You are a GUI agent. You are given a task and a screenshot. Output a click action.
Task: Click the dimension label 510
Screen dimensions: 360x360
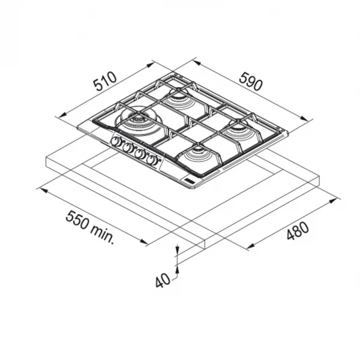[106, 81]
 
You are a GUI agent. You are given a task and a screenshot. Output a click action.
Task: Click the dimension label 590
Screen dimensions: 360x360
[250, 81]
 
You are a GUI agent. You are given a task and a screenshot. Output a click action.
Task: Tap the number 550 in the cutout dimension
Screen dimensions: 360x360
[77, 220]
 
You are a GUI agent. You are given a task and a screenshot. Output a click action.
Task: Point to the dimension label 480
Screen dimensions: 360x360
[298, 231]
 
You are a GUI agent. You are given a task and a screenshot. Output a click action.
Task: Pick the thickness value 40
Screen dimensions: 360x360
[163, 281]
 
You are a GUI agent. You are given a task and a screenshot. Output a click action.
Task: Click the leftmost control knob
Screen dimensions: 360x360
[116, 142]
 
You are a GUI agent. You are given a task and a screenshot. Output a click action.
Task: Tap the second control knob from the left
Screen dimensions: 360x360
[128, 148]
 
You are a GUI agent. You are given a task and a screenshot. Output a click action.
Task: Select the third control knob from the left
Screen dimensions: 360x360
[140, 154]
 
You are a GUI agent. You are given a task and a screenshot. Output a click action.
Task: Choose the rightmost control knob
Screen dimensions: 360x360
[152, 160]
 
